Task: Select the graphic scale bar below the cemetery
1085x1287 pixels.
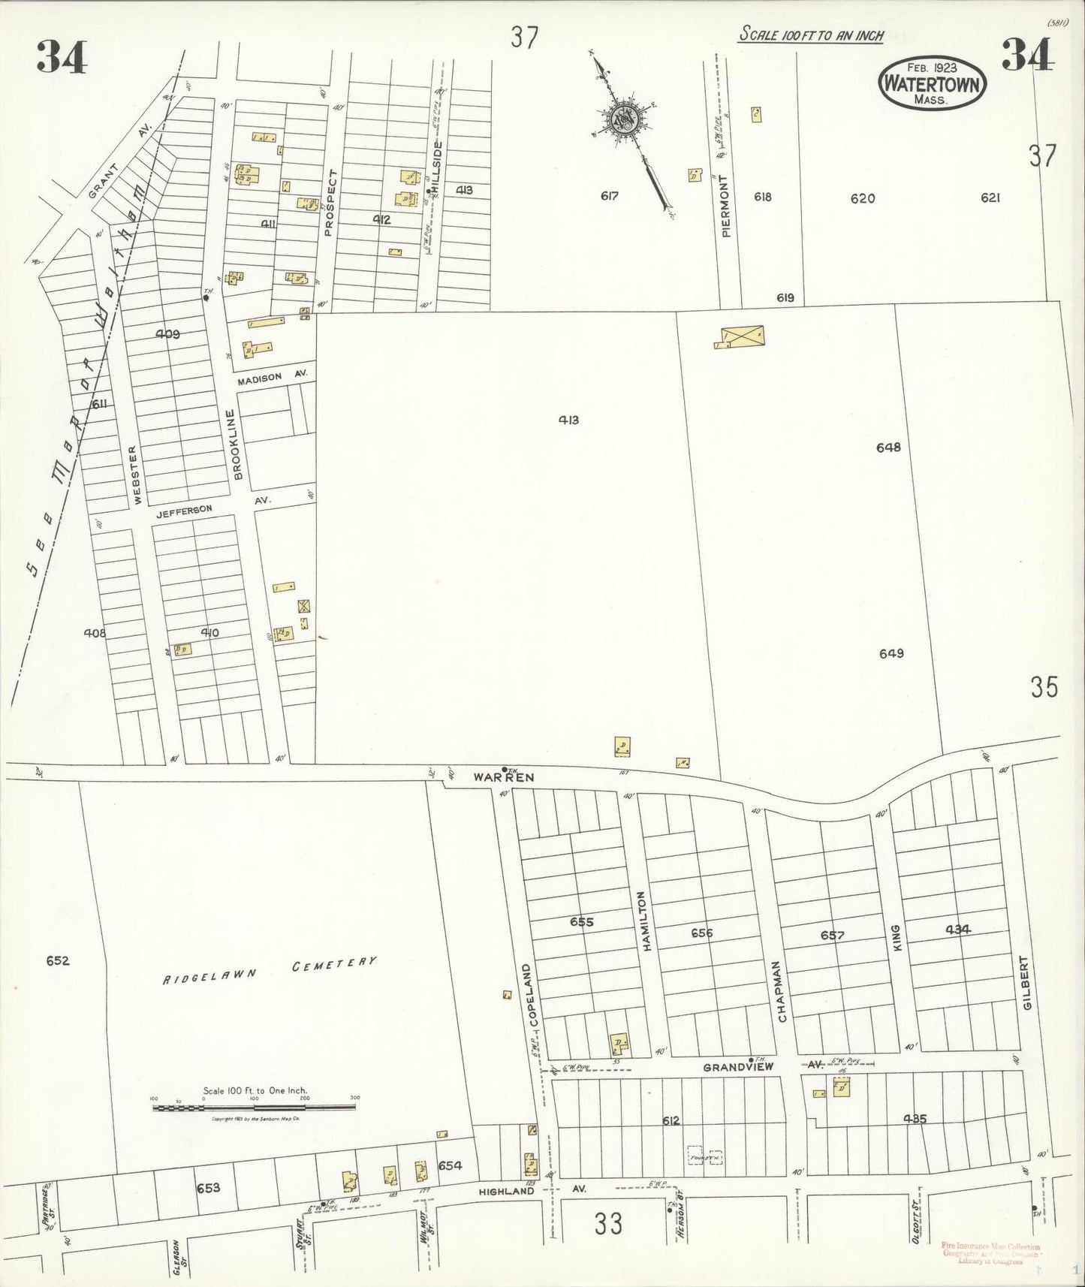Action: tap(255, 1106)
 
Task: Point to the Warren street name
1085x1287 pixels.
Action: tap(504, 777)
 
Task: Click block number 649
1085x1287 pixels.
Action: tap(891, 653)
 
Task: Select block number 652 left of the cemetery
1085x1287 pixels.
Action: tap(57, 960)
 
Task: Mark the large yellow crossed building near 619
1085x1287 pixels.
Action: tap(741, 337)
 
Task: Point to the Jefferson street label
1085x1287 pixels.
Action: tap(185, 510)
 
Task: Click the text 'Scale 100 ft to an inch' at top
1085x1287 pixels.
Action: tap(810, 35)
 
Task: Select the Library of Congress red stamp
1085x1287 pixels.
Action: tap(990, 1252)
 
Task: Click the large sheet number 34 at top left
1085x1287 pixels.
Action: tap(62, 56)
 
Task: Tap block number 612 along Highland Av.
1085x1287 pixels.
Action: tap(671, 1120)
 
